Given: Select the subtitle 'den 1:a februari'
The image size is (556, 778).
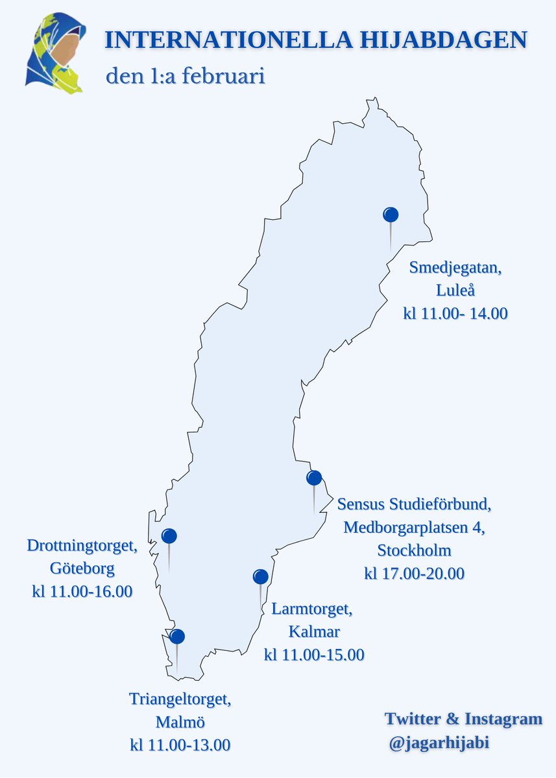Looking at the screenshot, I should pos(186,76).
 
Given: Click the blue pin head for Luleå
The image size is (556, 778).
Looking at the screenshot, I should pos(391,214).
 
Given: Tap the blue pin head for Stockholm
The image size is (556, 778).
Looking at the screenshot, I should pos(314,478).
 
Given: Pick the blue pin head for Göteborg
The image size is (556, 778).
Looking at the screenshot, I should pos(169,536).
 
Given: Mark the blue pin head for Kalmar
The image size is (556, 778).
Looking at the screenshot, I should pos(260,576).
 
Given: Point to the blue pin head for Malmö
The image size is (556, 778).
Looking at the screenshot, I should pos(176,637).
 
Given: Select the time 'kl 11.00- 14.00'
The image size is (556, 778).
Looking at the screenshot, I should pos(455,314).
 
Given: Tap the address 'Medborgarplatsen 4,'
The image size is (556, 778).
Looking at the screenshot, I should pos(415,527).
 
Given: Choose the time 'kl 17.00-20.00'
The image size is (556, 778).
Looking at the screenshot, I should pos(415,574).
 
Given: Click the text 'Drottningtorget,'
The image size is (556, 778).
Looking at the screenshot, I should pos(82,545).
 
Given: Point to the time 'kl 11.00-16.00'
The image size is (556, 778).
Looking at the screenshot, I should pos(82,592).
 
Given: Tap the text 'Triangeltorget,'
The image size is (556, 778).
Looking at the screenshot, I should pos(180,699).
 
